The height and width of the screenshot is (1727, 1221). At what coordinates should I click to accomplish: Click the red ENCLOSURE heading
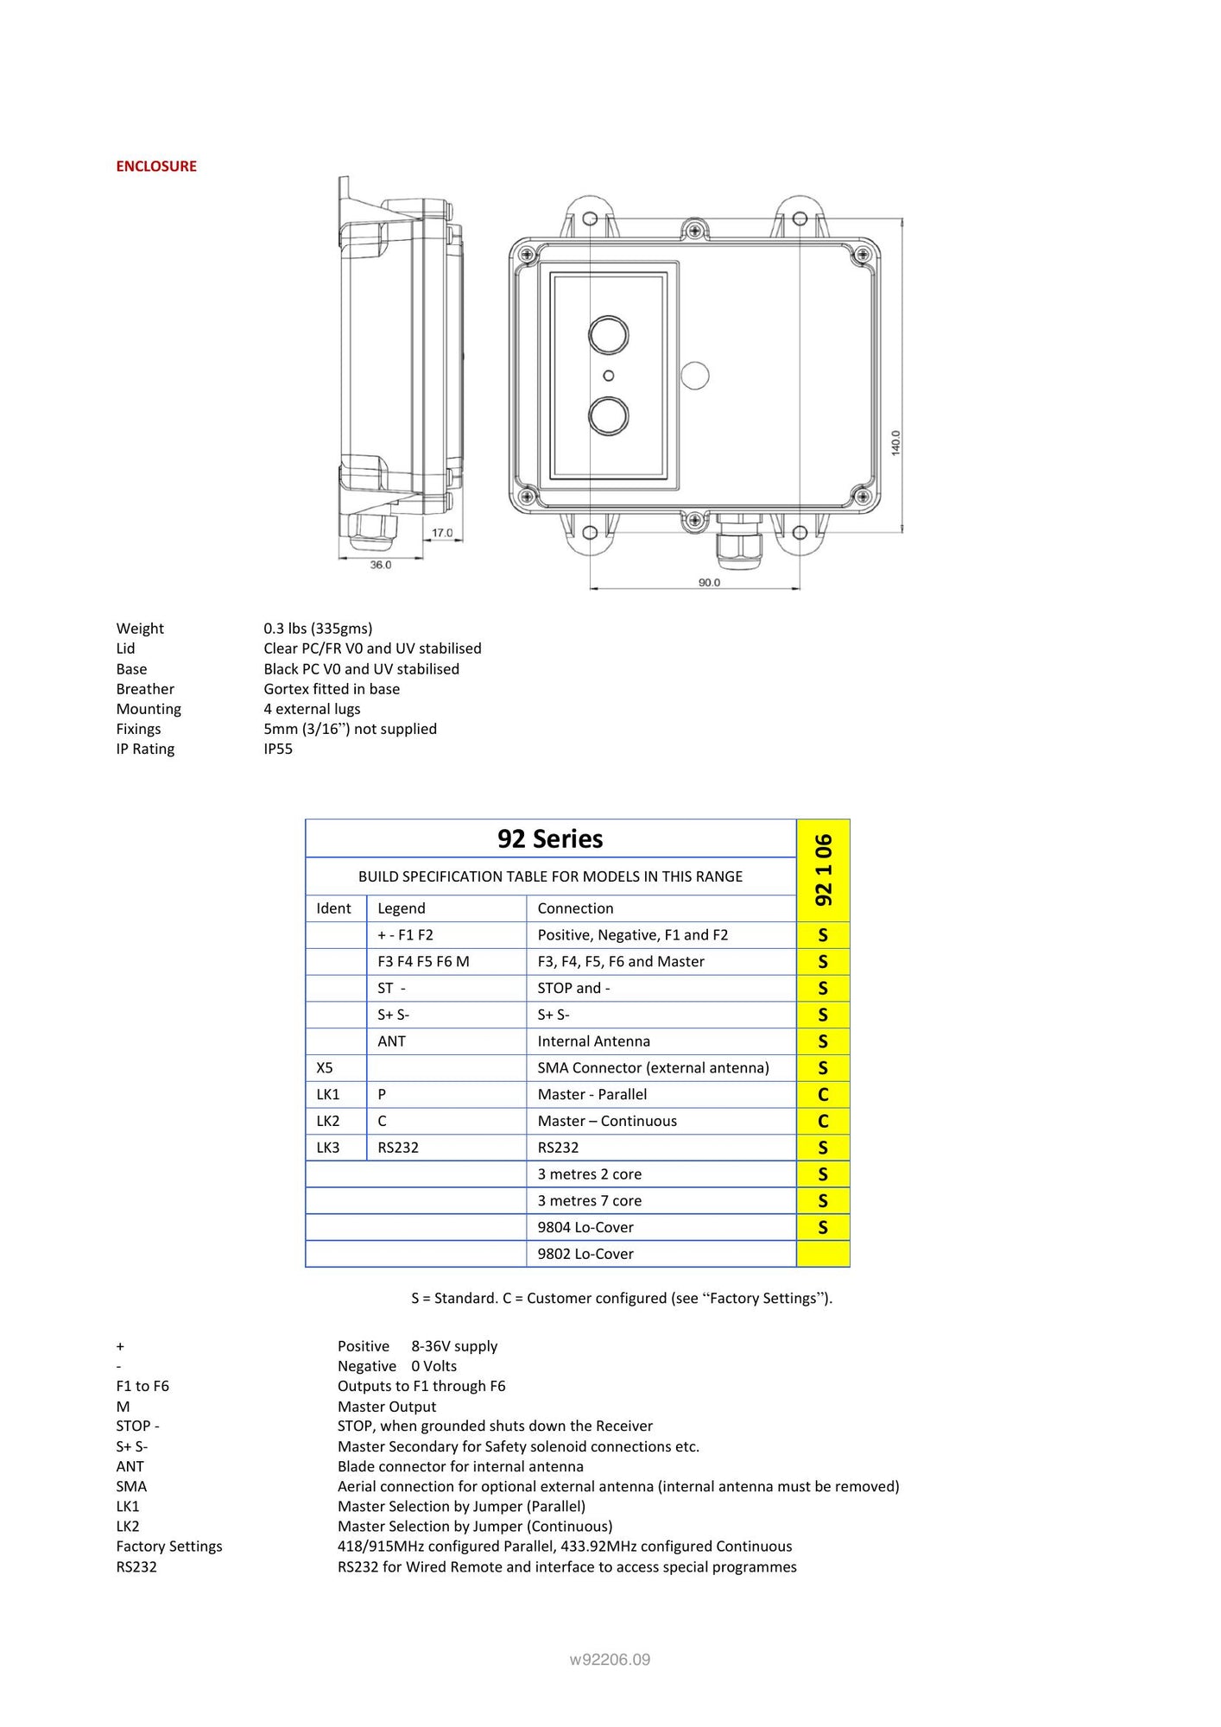pyautogui.click(x=156, y=167)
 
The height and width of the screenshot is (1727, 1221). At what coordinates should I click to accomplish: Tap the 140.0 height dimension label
pyautogui.click(x=895, y=443)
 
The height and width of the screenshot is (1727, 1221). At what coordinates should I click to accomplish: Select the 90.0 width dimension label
pyautogui.click(x=709, y=583)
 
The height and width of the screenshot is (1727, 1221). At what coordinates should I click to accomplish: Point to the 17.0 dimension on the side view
pyautogui.click(x=442, y=533)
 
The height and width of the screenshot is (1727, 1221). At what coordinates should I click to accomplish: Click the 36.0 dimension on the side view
pyautogui.click(x=381, y=565)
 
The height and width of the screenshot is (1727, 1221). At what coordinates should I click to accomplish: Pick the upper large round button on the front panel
pyautogui.click(x=608, y=335)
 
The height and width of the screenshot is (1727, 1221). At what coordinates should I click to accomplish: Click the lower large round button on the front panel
pyautogui.click(x=608, y=416)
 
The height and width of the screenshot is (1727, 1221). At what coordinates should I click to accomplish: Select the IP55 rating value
pyautogui.click(x=278, y=750)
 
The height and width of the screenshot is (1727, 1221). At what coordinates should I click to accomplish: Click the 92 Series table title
pyautogui.click(x=550, y=838)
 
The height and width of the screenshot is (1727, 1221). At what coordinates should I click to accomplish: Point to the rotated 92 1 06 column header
pyautogui.click(x=824, y=870)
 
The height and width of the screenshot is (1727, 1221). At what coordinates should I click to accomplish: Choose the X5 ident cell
pyautogui.click(x=325, y=1068)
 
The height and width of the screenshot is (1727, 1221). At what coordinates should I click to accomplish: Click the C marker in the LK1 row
pyautogui.click(x=823, y=1095)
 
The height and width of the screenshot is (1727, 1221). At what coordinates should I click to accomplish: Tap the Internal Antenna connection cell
pyautogui.click(x=593, y=1041)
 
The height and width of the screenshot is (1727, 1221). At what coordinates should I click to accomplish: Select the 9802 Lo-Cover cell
pyautogui.click(x=585, y=1254)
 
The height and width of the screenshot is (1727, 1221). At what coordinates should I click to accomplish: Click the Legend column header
pyautogui.click(x=402, y=908)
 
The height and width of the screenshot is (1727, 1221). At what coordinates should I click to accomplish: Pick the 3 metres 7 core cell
pyautogui.click(x=590, y=1201)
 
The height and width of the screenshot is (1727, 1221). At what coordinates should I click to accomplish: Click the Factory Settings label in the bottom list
pyautogui.click(x=169, y=1547)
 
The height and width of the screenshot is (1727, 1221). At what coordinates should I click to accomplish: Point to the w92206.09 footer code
pyautogui.click(x=610, y=1660)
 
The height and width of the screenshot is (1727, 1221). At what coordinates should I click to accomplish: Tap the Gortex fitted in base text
pyautogui.click(x=332, y=689)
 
